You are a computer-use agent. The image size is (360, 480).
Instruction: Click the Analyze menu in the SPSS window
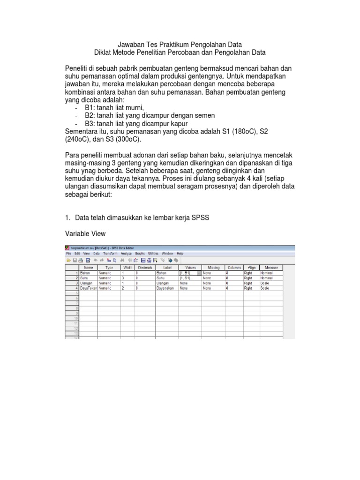tap(127, 253)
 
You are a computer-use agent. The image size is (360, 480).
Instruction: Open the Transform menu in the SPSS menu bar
tap(111, 253)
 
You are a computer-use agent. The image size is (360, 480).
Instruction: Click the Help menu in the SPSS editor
tap(180, 253)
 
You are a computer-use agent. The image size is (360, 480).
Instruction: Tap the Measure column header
tap(271, 267)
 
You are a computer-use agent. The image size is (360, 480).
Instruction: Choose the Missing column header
tap(213, 267)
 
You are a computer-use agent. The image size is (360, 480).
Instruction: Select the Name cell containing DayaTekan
tap(88, 288)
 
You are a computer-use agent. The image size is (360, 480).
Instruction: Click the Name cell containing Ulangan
tap(86, 283)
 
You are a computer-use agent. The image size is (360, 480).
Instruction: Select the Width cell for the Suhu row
tap(127, 278)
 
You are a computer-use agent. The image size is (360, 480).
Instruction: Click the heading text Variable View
tap(85, 233)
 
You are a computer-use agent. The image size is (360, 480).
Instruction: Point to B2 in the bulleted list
tap(90, 115)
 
